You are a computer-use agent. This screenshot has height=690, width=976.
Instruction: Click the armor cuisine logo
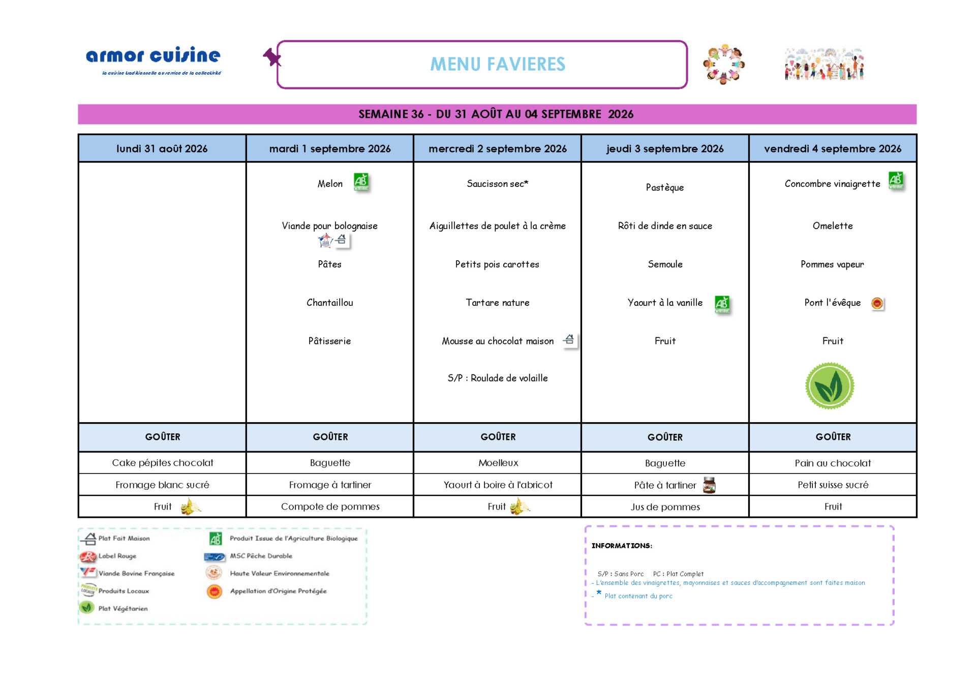(154, 60)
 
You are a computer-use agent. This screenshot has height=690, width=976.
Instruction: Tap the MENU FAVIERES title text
(498, 65)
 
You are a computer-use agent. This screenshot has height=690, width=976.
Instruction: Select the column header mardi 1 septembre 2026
(330, 148)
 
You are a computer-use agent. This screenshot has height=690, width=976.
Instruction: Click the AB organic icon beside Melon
(361, 181)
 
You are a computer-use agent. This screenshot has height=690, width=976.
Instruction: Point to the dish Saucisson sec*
(498, 183)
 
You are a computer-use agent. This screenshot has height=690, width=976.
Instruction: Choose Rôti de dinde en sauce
(665, 226)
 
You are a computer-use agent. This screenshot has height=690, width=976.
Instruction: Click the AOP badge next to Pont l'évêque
(877, 303)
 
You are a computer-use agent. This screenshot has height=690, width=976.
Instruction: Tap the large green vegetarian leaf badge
(830, 386)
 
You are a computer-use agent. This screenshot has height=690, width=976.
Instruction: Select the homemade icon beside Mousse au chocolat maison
(569, 339)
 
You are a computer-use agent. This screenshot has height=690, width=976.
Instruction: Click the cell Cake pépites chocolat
(163, 463)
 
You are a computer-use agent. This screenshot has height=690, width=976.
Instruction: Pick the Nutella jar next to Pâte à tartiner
(709, 485)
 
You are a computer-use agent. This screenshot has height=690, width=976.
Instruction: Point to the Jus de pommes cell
(665, 507)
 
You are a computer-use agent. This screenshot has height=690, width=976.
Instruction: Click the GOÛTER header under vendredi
(833, 437)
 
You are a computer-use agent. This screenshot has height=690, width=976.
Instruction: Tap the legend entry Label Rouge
(117, 556)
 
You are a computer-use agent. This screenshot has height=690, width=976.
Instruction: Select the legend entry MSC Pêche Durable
(261, 556)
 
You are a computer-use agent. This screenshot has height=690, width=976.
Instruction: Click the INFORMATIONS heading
(622, 546)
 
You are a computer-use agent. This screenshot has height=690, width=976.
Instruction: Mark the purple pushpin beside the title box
(272, 57)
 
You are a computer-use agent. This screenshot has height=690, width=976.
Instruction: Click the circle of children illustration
(724, 64)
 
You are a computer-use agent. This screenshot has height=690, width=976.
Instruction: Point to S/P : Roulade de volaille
(498, 378)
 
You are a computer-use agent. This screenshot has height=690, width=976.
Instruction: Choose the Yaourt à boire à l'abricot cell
(498, 485)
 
